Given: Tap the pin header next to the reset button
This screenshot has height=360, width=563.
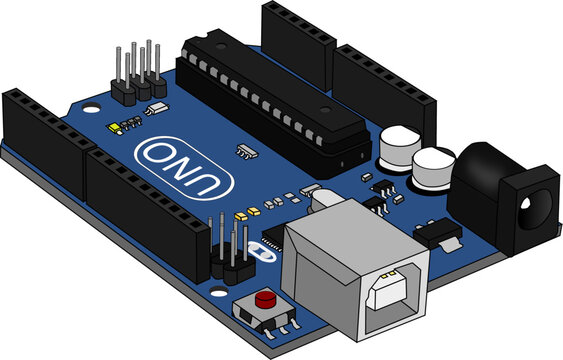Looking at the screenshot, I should pos(229,250).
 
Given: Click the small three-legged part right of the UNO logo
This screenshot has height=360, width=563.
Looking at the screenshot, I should pos(245,150).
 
